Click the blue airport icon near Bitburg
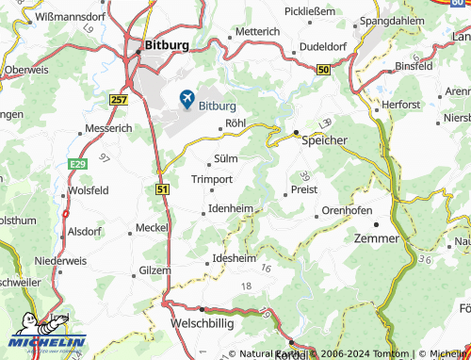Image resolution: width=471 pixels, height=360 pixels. (x=187, y=97)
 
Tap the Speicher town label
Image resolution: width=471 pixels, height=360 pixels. (x=324, y=139)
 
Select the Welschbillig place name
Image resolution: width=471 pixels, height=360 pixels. (x=201, y=322)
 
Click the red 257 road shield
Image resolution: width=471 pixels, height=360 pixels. (x=119, y=99)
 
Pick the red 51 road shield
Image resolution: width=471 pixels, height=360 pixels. (x=162, y=189)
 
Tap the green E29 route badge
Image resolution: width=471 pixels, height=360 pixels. (x=80, y=163)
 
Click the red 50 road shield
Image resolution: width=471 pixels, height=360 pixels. (x=324, y=69)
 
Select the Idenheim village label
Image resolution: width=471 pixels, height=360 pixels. (x=231, y=207)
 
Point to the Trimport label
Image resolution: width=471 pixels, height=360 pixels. (x=212, y=179)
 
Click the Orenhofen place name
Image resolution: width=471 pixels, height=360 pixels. (x=347, y=209)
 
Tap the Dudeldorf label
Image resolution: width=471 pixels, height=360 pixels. (x=325, y=47)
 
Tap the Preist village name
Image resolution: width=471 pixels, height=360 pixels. (x=305, y=188)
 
